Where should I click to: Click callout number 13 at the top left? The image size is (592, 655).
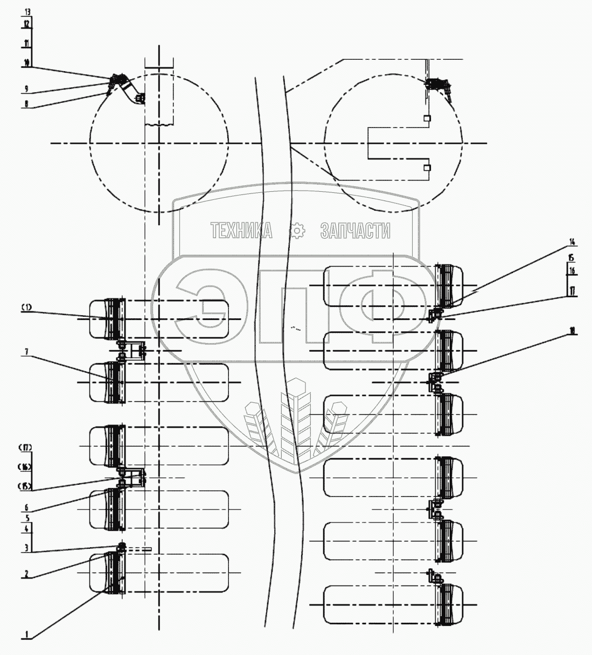27,11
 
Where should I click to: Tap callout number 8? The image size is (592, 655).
26,105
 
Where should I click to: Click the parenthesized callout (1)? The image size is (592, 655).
27,308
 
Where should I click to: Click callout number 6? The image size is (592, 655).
26,508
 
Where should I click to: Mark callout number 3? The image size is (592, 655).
26,548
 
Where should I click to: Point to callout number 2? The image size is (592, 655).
26,574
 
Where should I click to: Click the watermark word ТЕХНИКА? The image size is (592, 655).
242,232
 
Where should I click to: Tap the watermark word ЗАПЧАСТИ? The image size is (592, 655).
355,232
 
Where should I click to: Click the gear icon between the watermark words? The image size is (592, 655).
297,232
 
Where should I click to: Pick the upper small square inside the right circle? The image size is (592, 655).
427,118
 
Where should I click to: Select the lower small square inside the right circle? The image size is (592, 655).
427,168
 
